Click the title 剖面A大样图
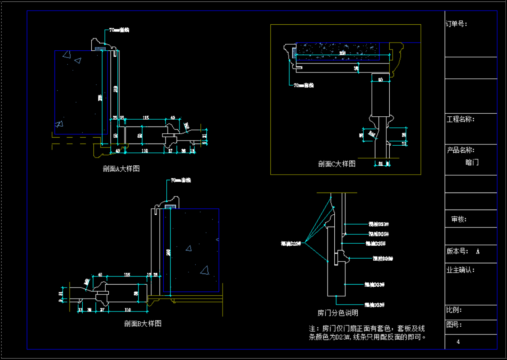coord(121,169)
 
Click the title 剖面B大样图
coord(143,323)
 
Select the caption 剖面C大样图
coord(336,164)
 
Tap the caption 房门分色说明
coord(338,313)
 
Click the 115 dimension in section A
coord(145,118)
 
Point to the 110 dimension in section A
coord(145,151)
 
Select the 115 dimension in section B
coord(127,275)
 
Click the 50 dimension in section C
coord(380,80)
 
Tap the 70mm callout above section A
coord(119,30)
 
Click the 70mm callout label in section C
coord(303,85)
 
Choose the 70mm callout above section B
coord(180,180)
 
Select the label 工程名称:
coord(461,119)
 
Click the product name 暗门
coord(472,162)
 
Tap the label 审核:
coord(459,219)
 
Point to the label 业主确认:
coord(461,270)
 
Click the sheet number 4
coord(458,342)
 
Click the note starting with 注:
coord(367,333)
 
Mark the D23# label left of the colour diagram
coord(291,244)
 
